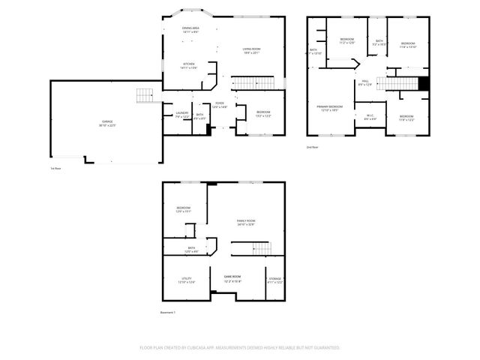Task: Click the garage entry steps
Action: point(145,95)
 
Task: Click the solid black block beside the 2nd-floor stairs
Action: point(424,84)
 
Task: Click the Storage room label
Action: point(275,280)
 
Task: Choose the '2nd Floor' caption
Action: point(313,147)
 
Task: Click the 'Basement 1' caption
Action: point(167,312)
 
